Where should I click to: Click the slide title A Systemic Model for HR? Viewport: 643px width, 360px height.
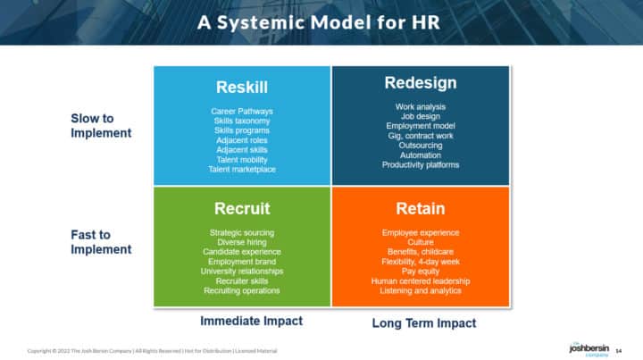[x=321, y=22]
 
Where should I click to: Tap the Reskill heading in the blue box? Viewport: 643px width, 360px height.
[x=242, y=88]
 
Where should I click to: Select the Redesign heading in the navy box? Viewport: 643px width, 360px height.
[x=420, y=83]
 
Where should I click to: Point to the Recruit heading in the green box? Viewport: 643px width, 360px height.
[x=242, y=209]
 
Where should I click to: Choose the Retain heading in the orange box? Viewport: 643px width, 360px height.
[x=420, y=209]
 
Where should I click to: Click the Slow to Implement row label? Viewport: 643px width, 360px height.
[x=101, y=125]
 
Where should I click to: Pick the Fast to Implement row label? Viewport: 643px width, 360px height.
[x=101, y=242]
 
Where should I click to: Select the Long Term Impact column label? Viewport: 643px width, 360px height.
[x=423, y=322]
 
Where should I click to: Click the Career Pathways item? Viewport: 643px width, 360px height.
[x=242, y=112]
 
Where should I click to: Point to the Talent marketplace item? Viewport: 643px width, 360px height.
[x=242, y=170]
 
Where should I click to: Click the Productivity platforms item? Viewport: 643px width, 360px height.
[x=420, y=164]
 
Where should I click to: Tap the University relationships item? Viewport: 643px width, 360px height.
[x=242, y=271]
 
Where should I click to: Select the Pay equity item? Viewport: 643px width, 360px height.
[x=420, y=271]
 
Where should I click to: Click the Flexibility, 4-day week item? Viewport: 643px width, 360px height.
[x=420, y=261]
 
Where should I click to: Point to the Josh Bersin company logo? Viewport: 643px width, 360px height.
[x=588, y=347]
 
